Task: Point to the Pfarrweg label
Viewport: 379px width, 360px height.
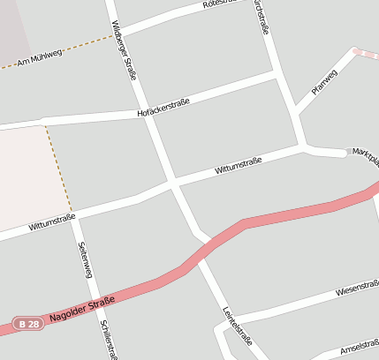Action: (x=324, y=81)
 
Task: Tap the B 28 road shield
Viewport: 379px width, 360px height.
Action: (x=27, y=325)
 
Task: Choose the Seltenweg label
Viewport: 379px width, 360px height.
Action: (x=86, y=259)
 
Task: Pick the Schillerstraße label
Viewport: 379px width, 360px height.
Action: (x=108, y=338)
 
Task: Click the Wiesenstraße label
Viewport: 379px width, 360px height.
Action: (x=357, y=289)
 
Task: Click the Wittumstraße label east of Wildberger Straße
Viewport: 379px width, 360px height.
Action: (x=238, y=165)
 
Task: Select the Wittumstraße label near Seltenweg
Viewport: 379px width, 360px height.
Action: (x=51, y=221)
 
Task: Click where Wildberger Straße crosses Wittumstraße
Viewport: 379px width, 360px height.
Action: (x=171, y=184)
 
